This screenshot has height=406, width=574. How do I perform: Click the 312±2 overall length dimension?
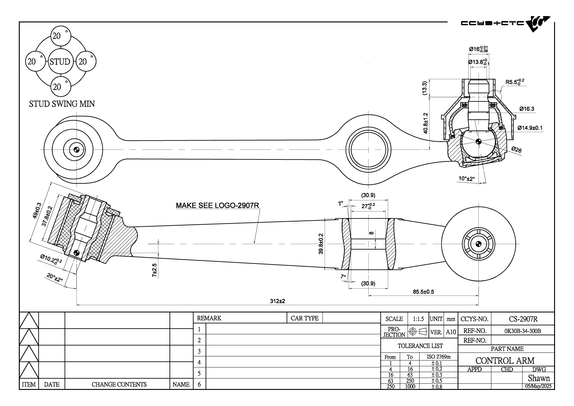pyautogui.click(x=278, y=301)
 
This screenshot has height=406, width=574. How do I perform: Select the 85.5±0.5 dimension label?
pyautogui.click(x=423, y=292)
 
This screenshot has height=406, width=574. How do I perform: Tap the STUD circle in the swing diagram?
pyautogui.click(x=60, y=62)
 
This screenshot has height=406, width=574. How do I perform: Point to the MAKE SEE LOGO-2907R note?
pyautogui.click(x=218, y=206)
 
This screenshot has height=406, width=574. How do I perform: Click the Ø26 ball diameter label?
pyautogui.click(x=516, y=150)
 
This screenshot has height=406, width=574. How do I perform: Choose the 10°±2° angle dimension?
pyautogui.click(x=466, y=179)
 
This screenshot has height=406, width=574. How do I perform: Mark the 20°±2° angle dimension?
pyautogui.click(x=54, y=278)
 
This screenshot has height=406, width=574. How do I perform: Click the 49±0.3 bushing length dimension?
pyautogui.click(x=37, y=212)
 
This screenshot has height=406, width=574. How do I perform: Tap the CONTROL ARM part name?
pyautogui.click(x=505, y=360)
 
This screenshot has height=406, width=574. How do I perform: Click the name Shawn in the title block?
pyautogui.click(x=539, y=378)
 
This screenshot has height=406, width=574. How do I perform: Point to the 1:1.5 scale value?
pyautogui.click(x=418, y=319)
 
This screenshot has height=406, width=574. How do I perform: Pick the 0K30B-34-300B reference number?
pyautogui.click(x=523, y=331)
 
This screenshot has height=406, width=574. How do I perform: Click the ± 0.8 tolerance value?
pyautogui.click(x=437, y=387)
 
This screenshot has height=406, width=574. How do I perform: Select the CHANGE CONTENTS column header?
pyautogui.click(x=119, y=384)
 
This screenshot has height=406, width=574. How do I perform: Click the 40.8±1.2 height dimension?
pyautogui.click(x=425, y=123)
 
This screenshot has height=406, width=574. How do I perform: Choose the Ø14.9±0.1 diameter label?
pyautogui.click(x=530, y=128)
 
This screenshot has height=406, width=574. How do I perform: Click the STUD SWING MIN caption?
pyautogui.click(x=62, y=104)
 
